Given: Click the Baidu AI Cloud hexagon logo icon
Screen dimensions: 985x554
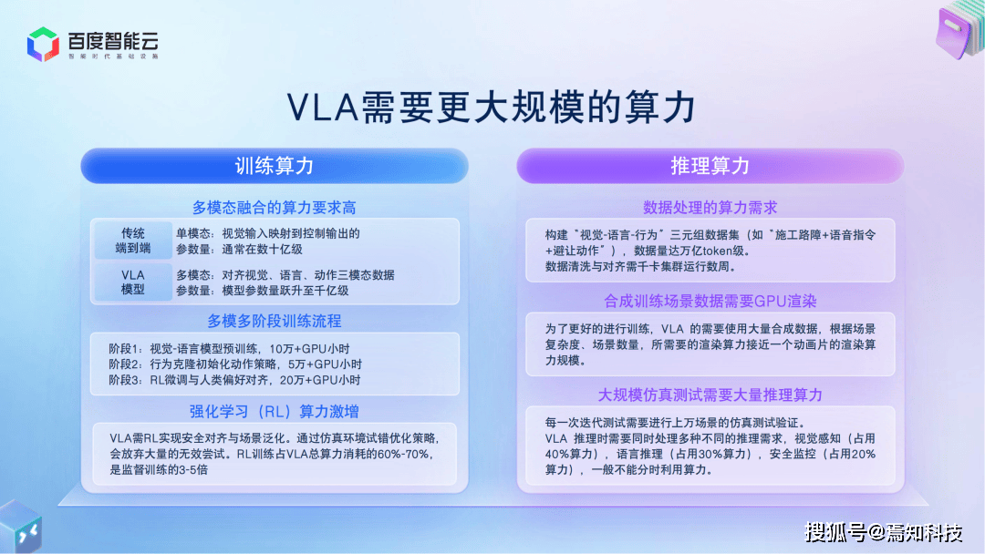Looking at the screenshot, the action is [x=43, y=44].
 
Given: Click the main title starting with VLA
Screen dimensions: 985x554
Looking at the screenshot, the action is [x=492, y=107].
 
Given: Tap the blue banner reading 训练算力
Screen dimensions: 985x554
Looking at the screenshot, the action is [x=275, y=166].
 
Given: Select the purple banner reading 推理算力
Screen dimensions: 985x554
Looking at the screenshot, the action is [x=710, y=166].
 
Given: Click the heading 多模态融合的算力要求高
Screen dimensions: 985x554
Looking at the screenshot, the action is [x=274, y=208].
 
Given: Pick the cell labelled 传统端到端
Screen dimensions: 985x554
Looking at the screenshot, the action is [x=133, y=241].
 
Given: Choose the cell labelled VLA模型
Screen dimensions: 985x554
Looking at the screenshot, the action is [x=133, y=282].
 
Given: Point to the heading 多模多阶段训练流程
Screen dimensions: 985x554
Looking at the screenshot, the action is [x=275, y=322].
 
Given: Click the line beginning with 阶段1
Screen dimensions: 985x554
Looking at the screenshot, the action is [x=229, y=349].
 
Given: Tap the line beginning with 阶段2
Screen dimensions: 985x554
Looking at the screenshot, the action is [x=235, y=364].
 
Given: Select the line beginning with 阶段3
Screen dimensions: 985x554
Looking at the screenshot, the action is [x=234, y=380].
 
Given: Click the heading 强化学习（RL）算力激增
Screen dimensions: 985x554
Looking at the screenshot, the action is [x=274, y=412].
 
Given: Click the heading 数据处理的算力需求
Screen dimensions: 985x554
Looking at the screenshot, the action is [x=710, y=208].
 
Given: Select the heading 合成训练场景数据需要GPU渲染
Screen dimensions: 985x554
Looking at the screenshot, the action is [x=710, y=302].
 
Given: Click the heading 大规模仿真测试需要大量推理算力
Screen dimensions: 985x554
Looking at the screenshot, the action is [x=710, y=395].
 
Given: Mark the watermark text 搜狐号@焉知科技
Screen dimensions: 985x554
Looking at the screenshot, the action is [x=883, y=532].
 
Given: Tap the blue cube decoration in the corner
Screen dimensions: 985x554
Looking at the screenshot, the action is [x=20, y=527].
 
